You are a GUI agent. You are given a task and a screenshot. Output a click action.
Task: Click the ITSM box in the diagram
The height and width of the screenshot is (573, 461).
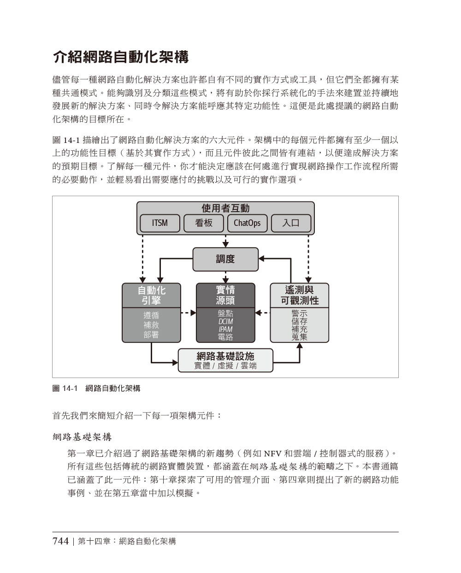(160, 223)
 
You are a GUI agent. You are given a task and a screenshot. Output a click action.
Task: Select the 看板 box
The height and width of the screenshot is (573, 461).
(203, 223)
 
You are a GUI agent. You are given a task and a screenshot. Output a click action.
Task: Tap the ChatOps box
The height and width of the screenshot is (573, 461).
(247, 223)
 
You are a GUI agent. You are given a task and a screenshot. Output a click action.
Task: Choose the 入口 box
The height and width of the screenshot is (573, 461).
(291, 223)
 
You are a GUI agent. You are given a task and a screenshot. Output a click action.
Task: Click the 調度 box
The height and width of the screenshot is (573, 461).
(225, 259)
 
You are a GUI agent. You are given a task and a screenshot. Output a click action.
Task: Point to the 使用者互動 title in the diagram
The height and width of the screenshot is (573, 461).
(225, 208)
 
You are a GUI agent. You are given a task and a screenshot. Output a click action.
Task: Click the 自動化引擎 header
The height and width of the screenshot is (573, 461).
(151, 295)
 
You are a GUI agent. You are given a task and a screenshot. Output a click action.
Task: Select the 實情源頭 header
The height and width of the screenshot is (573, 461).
(225, 295)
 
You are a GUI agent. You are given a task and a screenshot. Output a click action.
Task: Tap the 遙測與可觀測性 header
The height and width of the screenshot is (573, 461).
(299, 295)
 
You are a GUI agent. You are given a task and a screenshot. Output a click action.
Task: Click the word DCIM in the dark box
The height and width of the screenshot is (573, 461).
(225, 321)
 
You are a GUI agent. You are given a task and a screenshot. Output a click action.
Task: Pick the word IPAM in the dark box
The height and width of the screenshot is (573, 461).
(225, 329)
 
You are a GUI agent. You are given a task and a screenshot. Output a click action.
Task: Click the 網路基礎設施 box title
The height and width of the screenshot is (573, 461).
(225, 356)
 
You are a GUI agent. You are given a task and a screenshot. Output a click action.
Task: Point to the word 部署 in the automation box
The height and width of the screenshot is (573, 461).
(151, 334)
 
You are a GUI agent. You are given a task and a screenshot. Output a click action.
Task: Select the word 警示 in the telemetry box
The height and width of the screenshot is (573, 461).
(299, 313)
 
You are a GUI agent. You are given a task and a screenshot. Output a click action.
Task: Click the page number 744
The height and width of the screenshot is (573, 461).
(60, 541)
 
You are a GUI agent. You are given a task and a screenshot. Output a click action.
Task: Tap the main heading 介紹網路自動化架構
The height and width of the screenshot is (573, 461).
(121, 57)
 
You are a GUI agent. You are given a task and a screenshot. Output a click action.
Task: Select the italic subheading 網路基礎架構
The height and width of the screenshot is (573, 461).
(82, 437)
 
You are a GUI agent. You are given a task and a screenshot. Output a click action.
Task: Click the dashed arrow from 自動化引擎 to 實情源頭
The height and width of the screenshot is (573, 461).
(189, 313)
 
